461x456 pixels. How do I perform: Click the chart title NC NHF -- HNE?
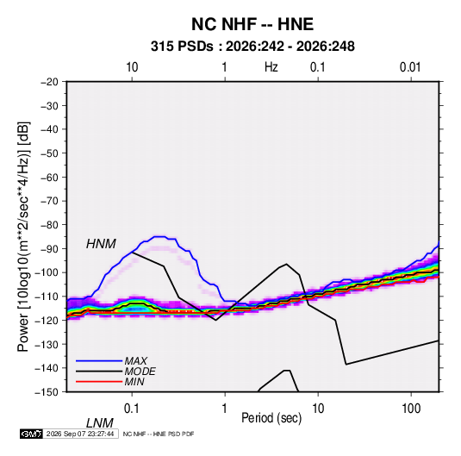pos(252,24)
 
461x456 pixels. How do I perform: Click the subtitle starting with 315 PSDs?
pos(252,47)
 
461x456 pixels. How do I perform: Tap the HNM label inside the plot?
pos(101,244)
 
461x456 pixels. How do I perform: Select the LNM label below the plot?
pos(99,423)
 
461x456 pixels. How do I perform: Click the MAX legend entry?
pos(135,360)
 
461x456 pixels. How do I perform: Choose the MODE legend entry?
pos(140,372)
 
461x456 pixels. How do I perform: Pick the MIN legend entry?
pos(134,382)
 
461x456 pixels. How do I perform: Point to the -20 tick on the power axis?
pos(49,82)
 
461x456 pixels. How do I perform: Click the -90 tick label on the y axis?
pos(49,248)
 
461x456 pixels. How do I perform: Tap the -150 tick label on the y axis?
pos(47,392)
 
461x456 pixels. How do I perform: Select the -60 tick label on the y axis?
pos(49,177)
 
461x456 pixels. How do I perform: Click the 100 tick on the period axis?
pos(411,409)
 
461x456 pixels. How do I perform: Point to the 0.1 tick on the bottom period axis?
pos(132,409)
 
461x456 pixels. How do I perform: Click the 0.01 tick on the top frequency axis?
pos(410,67)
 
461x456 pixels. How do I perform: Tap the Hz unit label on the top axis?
pos(271,67)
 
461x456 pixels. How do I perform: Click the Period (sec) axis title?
pos(271,418)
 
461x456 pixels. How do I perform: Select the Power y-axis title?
pos(23,237)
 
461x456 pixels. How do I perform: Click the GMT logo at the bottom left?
pos(31,434)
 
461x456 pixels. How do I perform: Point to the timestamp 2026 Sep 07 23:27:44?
pos(80,434)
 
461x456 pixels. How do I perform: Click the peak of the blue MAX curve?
pos(160,236)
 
